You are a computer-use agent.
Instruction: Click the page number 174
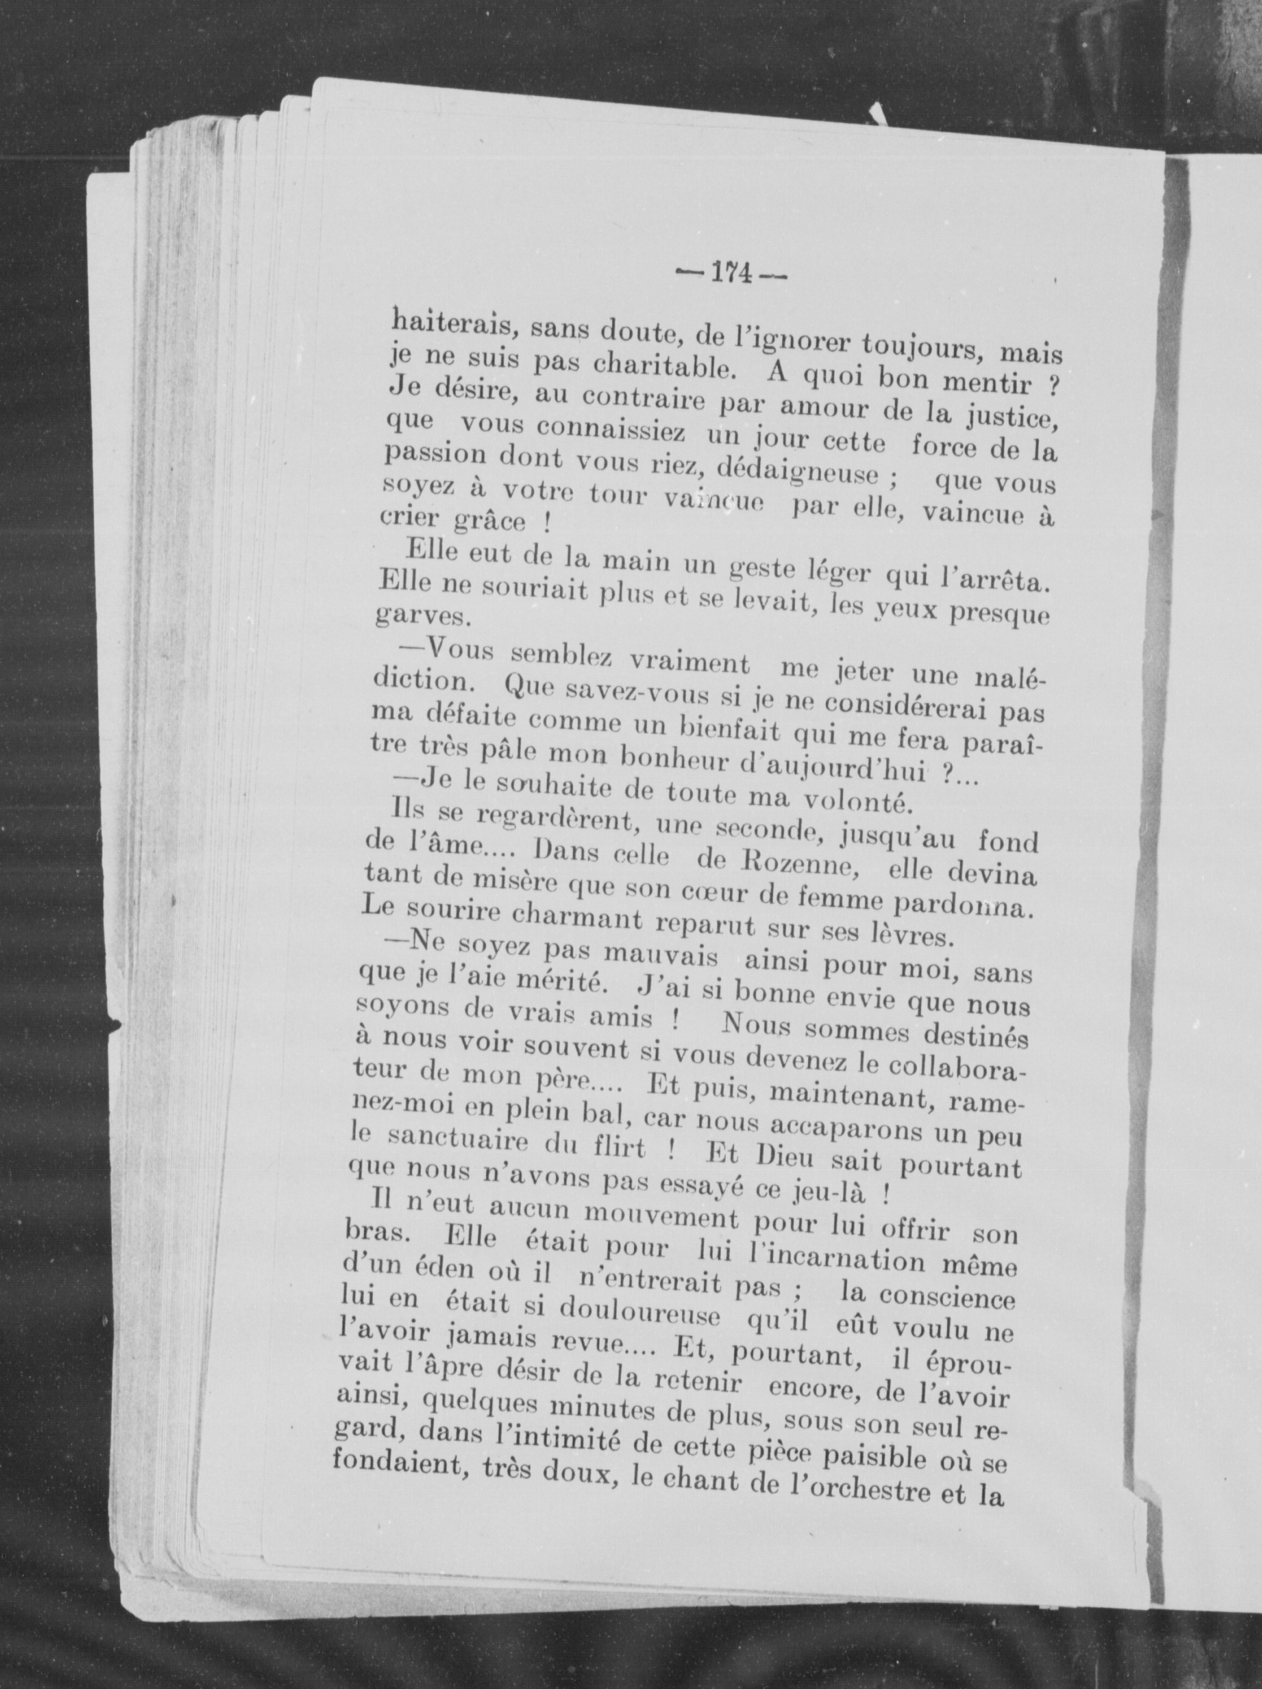pyautogui.click(x=730, y=274)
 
